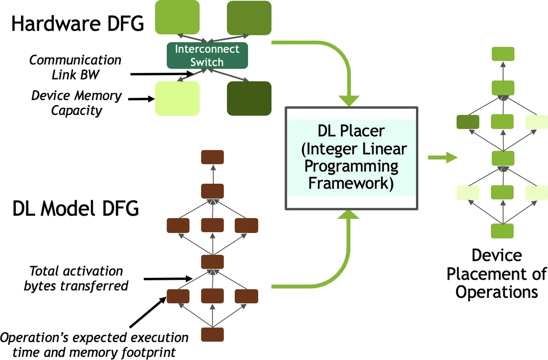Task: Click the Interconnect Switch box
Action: pos(206,55)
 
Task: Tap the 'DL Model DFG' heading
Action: pos(75,209)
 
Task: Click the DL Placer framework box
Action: pos(351,158)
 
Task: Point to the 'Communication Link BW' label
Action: pos(75,67)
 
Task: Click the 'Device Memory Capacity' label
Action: pos(77,103)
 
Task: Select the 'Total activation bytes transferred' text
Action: pos(76,278)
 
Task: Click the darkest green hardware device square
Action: pos(249,98)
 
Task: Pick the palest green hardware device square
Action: pos(177,98)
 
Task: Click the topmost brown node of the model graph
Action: pos(212,157)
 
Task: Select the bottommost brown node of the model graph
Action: pos(212,334)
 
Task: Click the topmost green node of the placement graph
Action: pos(503,54)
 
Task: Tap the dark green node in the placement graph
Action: pos(468,122)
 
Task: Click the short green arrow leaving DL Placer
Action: pos(443,158)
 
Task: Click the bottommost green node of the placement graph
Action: pos(502,231)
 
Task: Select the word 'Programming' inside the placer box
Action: pos(352,166)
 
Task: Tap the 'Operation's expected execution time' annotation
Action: pos(94,344)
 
